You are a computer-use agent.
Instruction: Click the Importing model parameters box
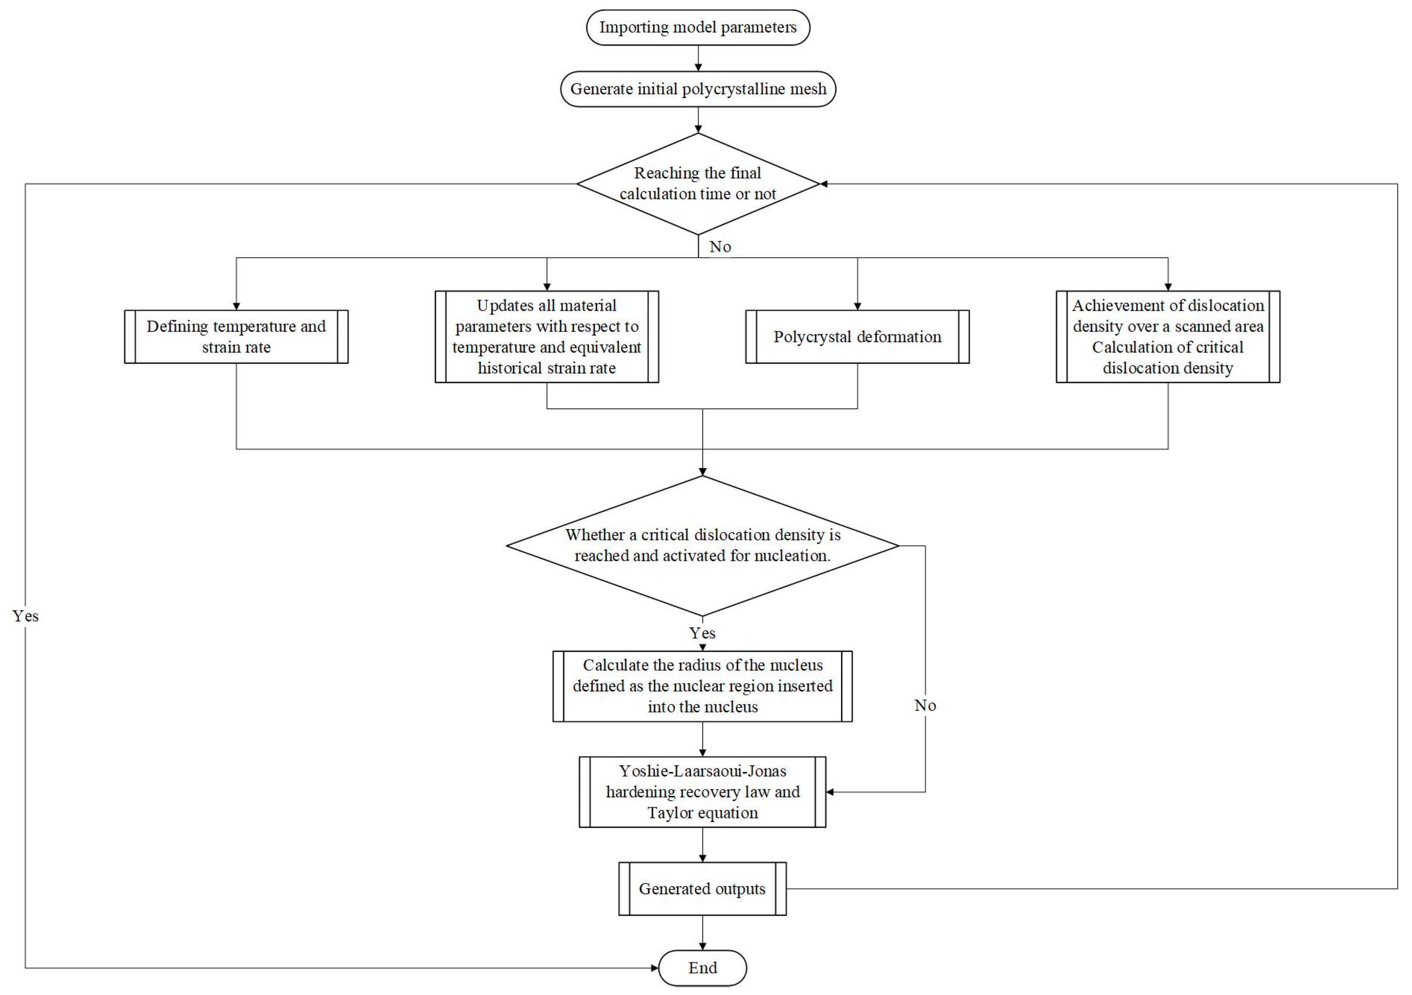click(697, 27)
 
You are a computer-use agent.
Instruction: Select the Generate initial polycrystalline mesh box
click(697, 89)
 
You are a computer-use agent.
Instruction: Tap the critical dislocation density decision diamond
click(702, 545)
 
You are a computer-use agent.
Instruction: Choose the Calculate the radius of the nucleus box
click(702, 686)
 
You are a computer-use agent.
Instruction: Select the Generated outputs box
click(702, 889)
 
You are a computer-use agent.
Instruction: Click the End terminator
click(702, 968)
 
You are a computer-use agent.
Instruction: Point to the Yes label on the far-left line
click(25, 616)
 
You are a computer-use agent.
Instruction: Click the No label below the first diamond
click(720, 246)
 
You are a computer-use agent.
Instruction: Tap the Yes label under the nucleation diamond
click(702, 633)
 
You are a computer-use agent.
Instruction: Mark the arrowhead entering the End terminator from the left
click(654, 968)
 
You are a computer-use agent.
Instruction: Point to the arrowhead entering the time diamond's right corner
click(824, 184)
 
